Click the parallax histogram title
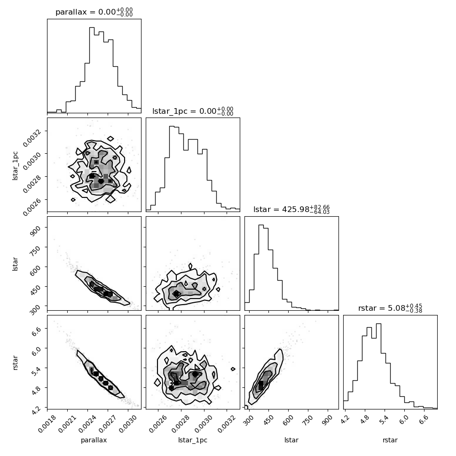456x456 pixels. click(94, 12)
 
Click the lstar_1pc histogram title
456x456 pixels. click(193, 111)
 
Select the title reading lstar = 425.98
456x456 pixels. click(291, 209)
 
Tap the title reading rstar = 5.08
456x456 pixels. click(390, 308)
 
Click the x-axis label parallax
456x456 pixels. click(94, 440)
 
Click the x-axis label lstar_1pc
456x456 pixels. click(193, 440)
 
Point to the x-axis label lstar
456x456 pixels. click(291, 440)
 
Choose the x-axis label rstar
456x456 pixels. click(390, 440)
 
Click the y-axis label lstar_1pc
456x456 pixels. click(15, 166)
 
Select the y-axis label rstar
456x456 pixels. click(15, 362)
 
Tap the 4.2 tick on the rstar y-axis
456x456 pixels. click(35, 410)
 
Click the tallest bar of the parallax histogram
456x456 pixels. click(92, 70)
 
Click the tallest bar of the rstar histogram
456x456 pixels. click(378, 366)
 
